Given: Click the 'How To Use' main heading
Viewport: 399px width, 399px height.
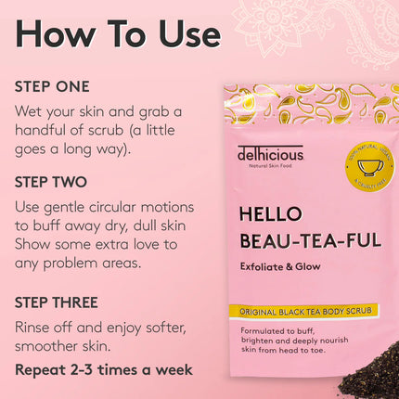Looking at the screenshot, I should (118, 33).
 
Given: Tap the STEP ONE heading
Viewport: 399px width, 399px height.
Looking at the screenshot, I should (52, 86).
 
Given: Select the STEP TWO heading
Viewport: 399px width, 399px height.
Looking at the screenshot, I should (52, 181).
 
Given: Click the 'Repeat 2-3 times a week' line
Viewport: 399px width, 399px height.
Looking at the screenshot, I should (104, 369).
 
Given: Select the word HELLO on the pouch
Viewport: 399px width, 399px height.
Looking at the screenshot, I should (270, 213).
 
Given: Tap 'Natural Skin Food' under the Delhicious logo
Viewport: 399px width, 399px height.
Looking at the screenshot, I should (269, 167).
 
